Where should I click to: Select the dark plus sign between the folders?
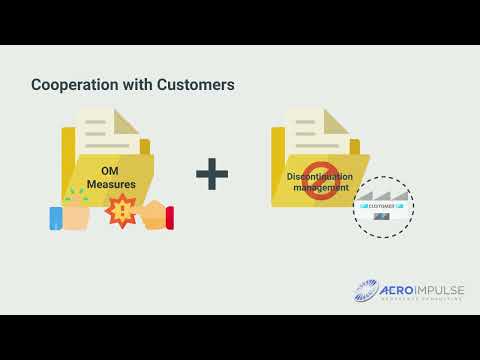click(x=212, y=175)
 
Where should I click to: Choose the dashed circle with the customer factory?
click(x=383, y=206)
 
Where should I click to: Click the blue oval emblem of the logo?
click(x=366, y=292)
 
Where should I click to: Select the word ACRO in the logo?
click(x=399, y=290)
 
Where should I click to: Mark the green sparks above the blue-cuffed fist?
click(x=75, y=194)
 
